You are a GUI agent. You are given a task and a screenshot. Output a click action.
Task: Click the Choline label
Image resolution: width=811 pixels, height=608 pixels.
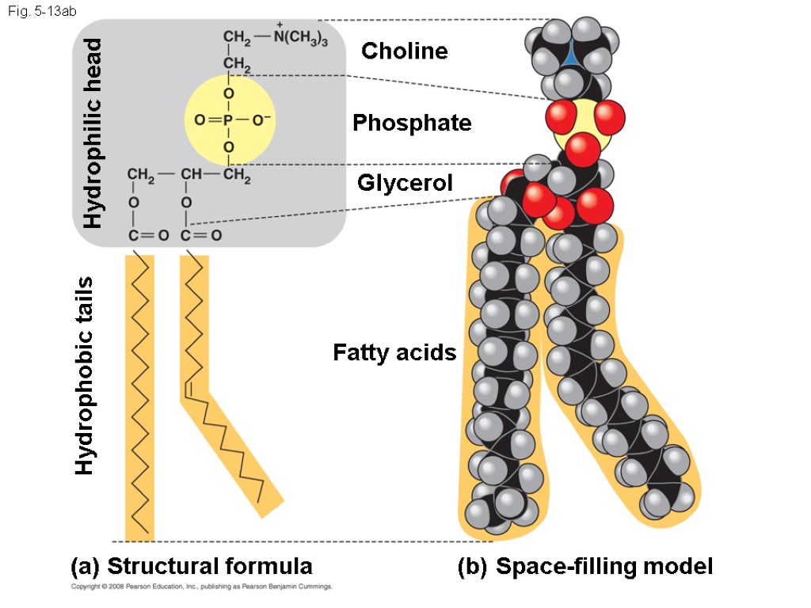(x=405, y=51)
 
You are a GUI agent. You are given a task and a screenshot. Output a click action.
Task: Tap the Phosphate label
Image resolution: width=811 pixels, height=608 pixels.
(x=412, y=123)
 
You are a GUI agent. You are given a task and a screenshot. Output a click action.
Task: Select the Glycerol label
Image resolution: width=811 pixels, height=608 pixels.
(x=405, y=183)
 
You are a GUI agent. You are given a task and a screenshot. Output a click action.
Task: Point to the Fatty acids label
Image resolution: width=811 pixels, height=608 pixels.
(x=394, y=352)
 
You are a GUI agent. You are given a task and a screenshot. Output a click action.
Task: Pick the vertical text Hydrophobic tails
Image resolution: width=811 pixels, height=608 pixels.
(x=85, y=375)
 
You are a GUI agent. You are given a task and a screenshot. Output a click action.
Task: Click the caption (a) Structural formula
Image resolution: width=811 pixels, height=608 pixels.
(x=191, y=566)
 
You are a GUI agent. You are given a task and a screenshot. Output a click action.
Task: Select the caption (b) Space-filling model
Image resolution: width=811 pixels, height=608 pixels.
(x=585, y=566)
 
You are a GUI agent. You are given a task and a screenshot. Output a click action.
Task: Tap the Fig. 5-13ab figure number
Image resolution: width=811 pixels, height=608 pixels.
(x=39, y=12)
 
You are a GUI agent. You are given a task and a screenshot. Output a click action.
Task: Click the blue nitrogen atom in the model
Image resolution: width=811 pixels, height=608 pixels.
(x=572, y=54)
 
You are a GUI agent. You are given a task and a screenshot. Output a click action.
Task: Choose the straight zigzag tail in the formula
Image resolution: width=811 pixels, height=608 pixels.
(x=139, y=396)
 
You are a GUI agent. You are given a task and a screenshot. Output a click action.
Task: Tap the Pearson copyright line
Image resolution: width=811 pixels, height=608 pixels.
(x=201, y=587)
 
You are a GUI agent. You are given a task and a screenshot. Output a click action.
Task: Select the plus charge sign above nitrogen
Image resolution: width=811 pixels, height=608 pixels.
(x=280, y=25)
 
